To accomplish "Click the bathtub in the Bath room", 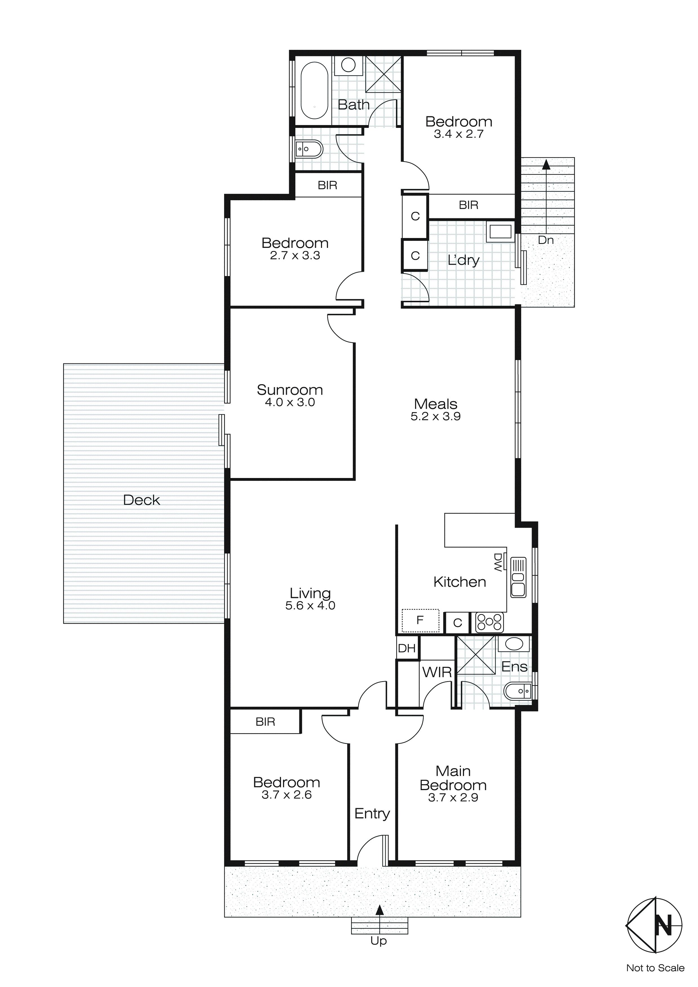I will point(314,91).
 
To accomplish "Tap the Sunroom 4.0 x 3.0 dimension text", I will point(290,402).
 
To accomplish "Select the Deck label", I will point(141,500).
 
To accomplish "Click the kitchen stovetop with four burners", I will point(489,623).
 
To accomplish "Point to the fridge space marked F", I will point(420,620).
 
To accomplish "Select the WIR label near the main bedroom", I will point(437,672).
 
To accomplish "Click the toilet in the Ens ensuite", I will point(518,691).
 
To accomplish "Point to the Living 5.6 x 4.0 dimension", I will point(310,606).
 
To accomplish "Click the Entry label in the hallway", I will point(372,813).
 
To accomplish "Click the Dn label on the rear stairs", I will point(545,240).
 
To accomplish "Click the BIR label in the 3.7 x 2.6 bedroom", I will point(265,722).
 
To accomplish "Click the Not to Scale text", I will point(655,968).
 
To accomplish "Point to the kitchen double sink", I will point(518,584).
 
